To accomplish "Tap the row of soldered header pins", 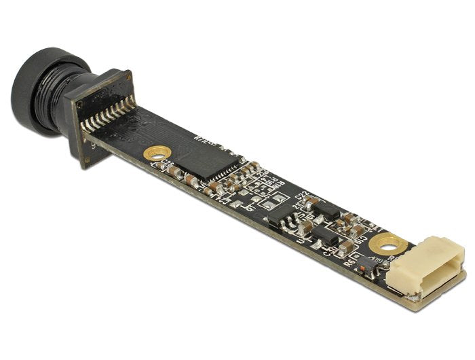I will pos(107,115).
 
